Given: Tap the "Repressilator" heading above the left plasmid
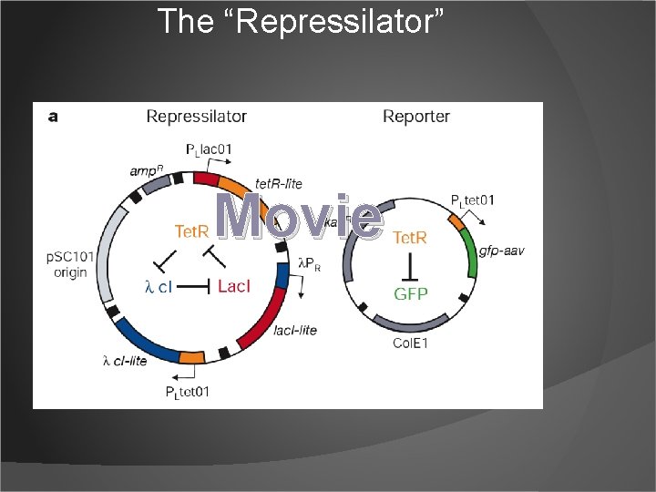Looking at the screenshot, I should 197,116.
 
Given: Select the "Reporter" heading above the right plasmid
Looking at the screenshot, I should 416,116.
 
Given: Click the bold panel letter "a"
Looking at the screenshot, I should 53,116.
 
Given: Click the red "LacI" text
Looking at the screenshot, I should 234,286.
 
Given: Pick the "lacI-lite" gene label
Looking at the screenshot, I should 295,330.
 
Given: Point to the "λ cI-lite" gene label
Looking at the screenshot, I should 125,361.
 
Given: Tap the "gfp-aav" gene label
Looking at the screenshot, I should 502,251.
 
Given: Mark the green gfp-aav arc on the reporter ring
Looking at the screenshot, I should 469,251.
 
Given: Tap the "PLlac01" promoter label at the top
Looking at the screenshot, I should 210,149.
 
